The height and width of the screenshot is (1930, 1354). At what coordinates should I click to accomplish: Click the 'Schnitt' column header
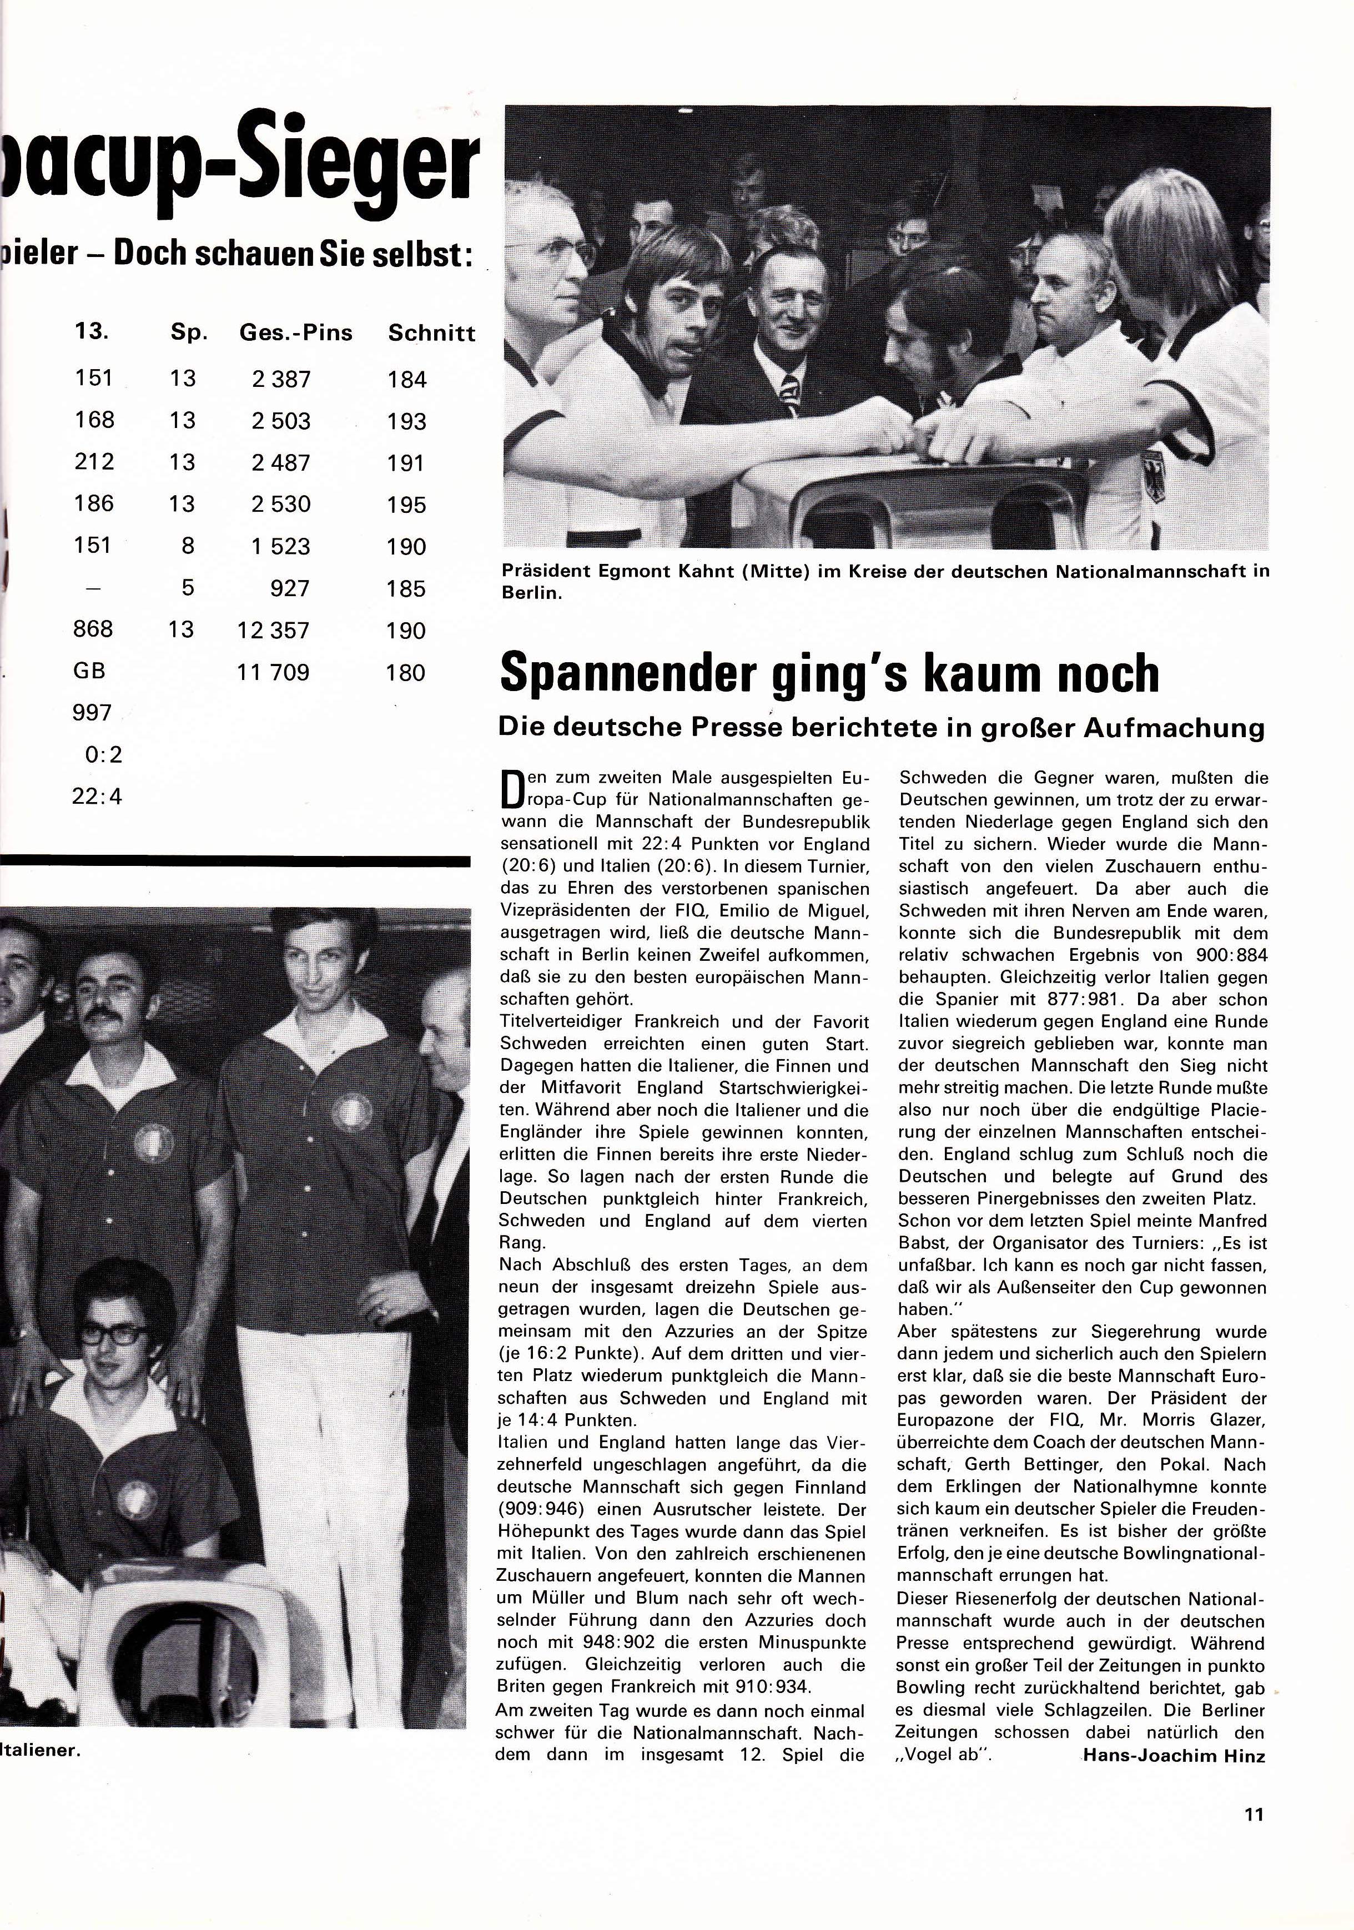[x=431, y=334]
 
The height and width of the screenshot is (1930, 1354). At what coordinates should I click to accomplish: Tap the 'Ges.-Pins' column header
[x=296, y=333]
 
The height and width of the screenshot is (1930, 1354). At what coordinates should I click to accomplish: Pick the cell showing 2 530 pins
[x=281, y=505]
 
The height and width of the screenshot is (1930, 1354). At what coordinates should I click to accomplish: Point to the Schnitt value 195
[x=407, y=505]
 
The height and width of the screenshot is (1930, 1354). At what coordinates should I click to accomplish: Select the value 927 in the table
[x=289, y=588]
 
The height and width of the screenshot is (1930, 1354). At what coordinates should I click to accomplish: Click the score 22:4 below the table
[x=98, y=796]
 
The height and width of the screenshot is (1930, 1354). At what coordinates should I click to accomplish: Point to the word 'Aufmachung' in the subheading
[x=1189, y=727]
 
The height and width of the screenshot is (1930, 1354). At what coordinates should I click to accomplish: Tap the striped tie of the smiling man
[x=790, y=390]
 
